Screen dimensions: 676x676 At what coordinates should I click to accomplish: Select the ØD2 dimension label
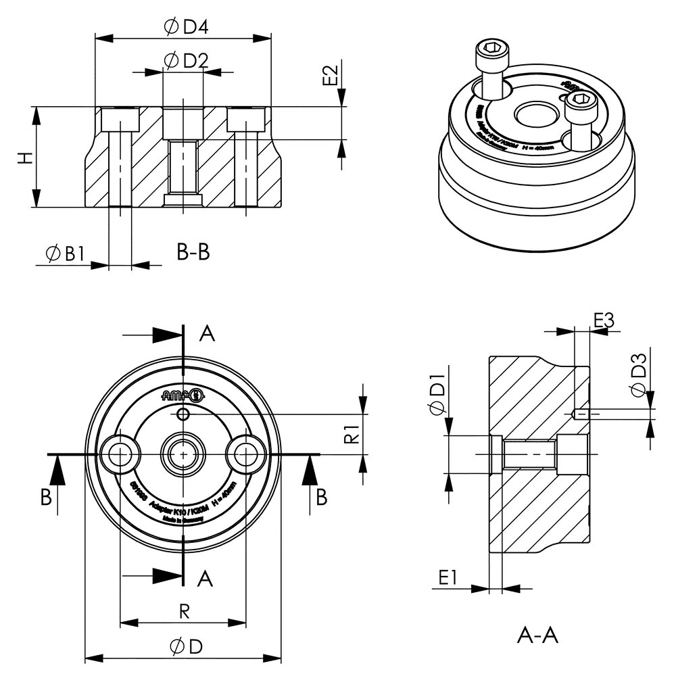pyautogui.click(x=185, y=61)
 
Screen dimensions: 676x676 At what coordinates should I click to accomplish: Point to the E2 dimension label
pyautogui.click(x=330, y=75)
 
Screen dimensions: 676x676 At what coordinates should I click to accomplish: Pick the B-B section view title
pyautogui.click(x=193, y=253)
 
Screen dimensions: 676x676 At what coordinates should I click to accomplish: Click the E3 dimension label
pyautogui.click(x=604, y=320)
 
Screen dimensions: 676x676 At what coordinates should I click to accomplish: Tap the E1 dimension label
pyautogui.click(x=449, y=577)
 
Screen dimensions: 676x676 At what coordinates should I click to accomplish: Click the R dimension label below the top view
pyautogui.click(x=183, y=611)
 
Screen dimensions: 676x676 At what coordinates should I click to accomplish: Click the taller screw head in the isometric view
pyautogui.click(x=489, y=54)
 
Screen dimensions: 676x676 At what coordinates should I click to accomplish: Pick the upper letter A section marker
pyautogui.click(x=208, y=334)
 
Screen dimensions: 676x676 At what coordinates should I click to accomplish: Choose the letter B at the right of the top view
pyautogui.click(x=322, y=497)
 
